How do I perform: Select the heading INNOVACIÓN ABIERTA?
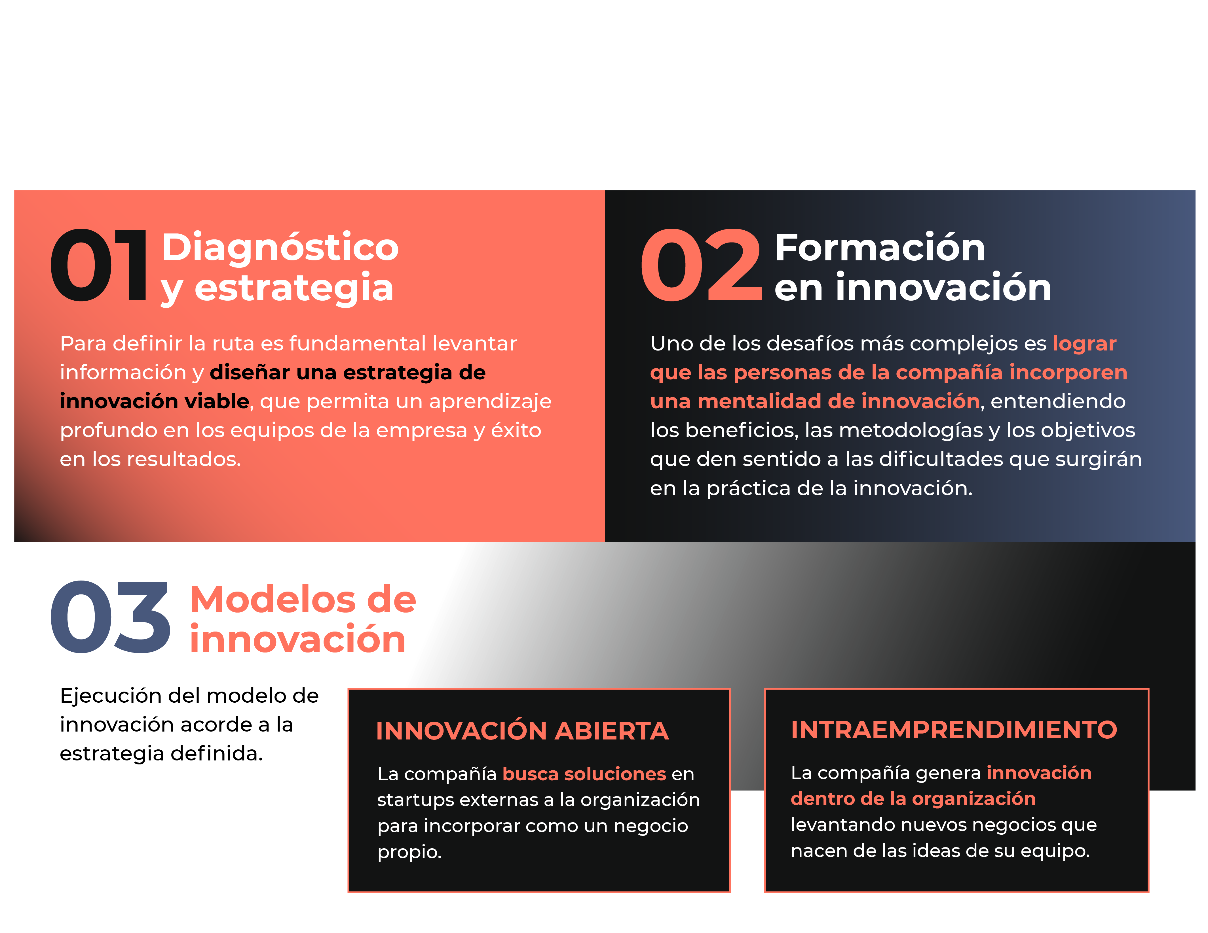tap(522, 731)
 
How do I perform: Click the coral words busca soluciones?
tap(584, 774)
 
